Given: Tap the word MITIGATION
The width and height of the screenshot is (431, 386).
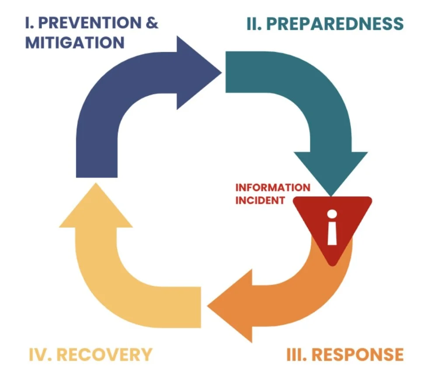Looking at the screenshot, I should tap(75, 43).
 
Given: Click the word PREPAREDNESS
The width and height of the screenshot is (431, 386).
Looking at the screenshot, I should tap(334, 24).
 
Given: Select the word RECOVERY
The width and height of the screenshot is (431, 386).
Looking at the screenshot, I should tap(105, 354).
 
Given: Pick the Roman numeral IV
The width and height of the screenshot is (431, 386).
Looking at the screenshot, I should tap(41, 354).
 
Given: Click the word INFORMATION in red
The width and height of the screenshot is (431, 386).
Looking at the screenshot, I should tap(273, 188).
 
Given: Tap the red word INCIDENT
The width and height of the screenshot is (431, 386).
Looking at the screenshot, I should tap(260, 201).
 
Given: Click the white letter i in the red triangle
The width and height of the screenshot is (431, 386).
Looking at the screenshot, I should tap(332, 228).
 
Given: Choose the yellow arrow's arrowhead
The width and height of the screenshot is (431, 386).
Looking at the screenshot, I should tap(96, 208).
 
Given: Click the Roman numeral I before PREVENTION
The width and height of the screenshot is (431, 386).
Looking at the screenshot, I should tap(28, 24).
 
